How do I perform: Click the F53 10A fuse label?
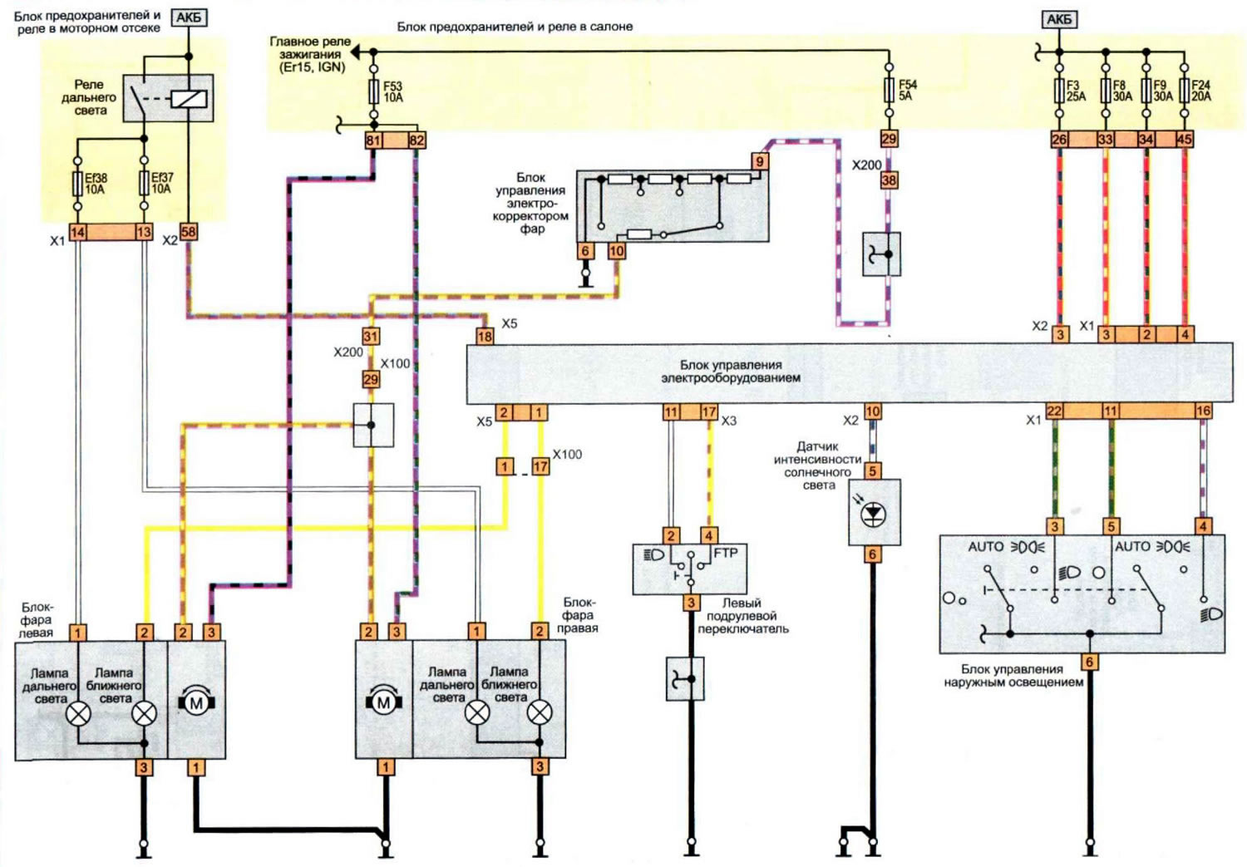392,91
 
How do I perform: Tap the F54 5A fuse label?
908,90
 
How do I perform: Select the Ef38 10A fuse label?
96,184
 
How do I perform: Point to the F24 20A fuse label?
1200,91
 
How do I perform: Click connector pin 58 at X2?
189,231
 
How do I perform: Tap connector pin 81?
373,140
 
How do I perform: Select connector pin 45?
1184,139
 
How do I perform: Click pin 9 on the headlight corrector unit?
760,161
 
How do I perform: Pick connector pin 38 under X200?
889,180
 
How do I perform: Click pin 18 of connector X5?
485,336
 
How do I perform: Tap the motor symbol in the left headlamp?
196,703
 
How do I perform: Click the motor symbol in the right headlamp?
383,702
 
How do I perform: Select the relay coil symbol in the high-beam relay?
190,99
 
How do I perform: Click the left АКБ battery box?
190,17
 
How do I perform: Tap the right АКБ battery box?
1059,19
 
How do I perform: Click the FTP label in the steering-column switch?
726,553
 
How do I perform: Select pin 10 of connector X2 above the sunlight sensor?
872,411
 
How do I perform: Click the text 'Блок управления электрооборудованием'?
731,372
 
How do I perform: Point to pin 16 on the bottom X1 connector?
1203,411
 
